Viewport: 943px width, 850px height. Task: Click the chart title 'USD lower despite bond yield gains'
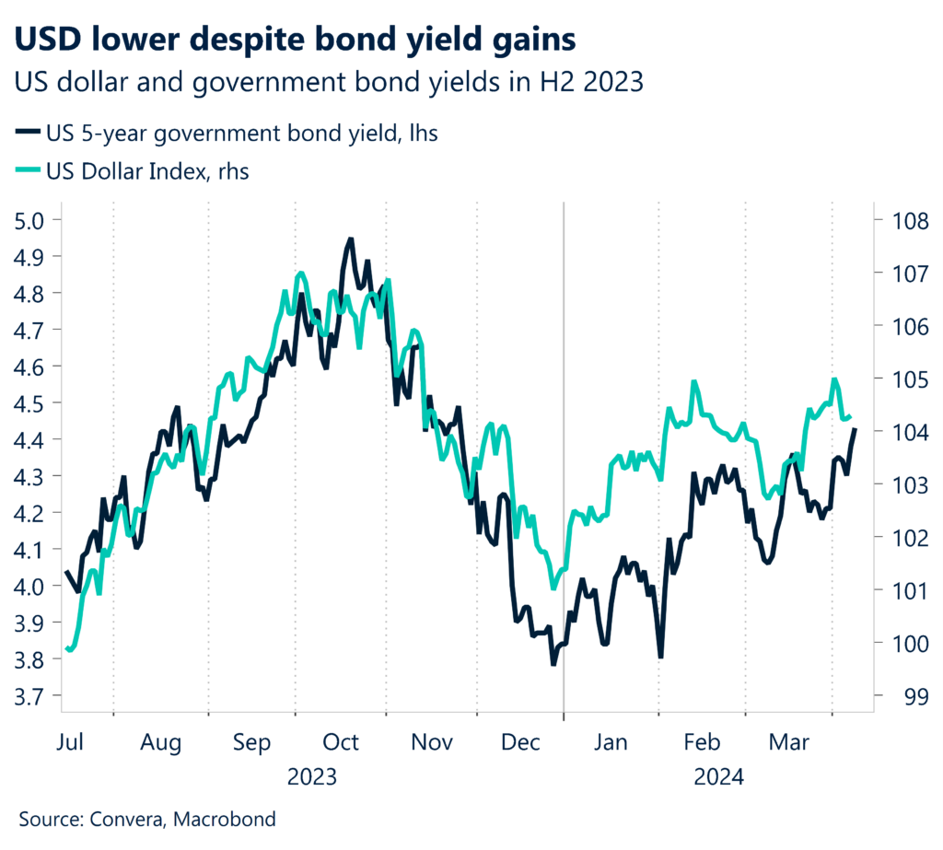click(297, 41)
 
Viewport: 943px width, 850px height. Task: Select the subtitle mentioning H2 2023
click(327, 83)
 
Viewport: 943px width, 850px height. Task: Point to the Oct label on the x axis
click(341, 741)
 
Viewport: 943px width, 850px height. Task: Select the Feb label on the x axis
click(701, 741)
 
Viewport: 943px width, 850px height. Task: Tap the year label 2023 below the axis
click(312, 776)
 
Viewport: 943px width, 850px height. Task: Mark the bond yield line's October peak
click(350, 239)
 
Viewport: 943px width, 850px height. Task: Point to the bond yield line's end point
click(856, 429)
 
